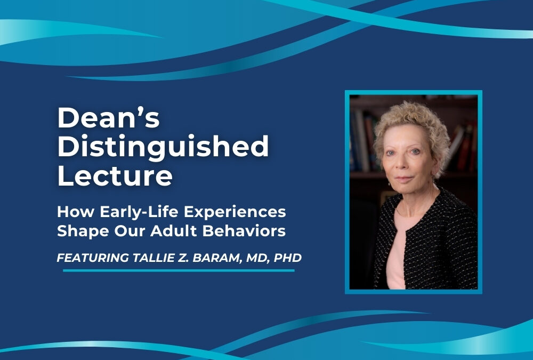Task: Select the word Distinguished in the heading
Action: pos(163,147)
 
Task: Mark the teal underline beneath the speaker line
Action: pos(179,270)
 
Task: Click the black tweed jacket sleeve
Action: pos(453,251)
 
